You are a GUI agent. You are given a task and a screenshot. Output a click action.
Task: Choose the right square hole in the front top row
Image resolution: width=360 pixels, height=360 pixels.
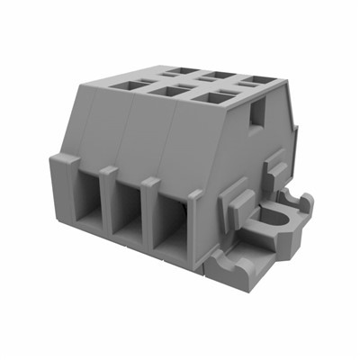click(210, 97)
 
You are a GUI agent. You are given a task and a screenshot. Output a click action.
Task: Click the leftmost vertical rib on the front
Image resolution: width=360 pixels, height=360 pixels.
click(65, 184)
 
